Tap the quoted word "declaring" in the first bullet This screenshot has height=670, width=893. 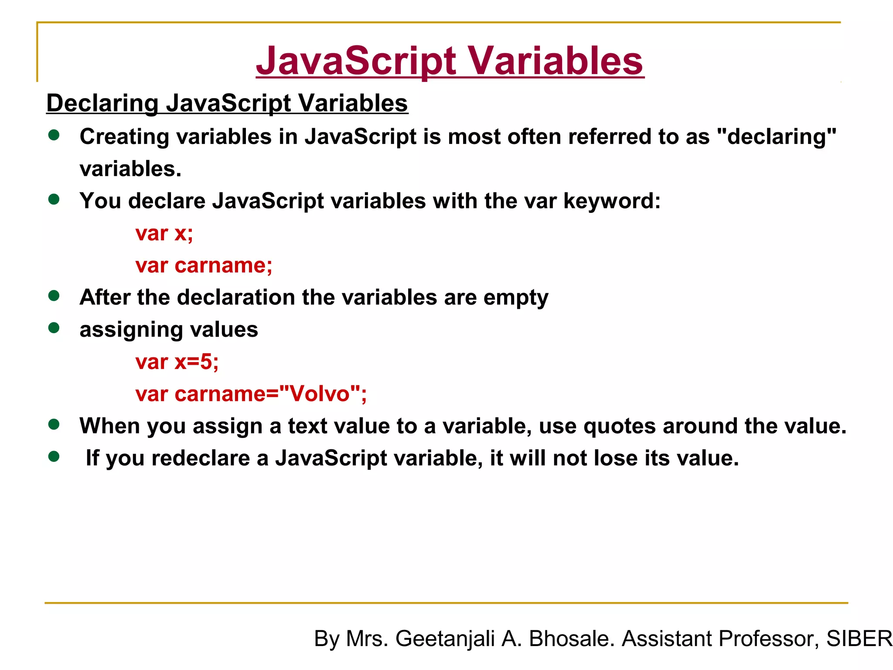[777, 137]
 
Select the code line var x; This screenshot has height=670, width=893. [164, 233]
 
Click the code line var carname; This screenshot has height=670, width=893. [204, 265]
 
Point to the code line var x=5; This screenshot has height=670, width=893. [177, 362]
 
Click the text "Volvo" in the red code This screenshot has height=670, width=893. [320, 393]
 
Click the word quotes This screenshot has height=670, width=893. [619, 426]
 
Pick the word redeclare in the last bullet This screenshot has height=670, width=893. [201, 458]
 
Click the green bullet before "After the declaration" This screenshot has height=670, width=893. [54, 296]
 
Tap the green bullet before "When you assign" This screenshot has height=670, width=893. [54, 424]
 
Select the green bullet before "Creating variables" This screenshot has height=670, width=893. [54, 135]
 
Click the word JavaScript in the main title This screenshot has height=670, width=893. [356, 61]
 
